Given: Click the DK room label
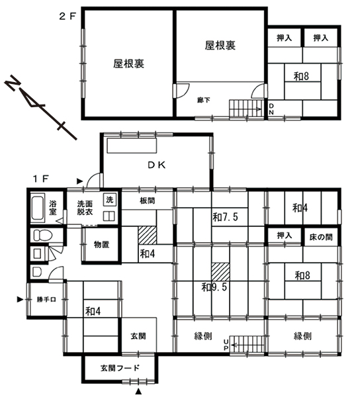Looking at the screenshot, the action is click(x=157, y=165).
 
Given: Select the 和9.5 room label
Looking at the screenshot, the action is click(x=214, y=287).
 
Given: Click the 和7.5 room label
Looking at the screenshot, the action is click(x=225, y=217).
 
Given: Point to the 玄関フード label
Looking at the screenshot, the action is click(x=120, y=368).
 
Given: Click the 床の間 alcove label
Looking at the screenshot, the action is click(x=321, y=238).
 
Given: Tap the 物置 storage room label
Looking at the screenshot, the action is click(x=101, y=245).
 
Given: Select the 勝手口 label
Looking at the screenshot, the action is click(x=46, y=300).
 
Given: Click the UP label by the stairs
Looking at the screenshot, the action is click(x=226, y=345).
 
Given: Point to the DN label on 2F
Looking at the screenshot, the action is click(x=271, y=109).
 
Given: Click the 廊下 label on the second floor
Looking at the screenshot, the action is click(x=204, y=100).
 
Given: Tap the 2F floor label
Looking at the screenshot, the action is click(x=67, y=17).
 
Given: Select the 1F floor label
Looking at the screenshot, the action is click(x=40, y=179).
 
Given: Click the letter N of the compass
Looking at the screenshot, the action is click(x=13, y=83).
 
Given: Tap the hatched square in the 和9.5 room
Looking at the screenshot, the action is click(x=221, y=272).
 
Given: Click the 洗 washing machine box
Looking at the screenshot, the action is click(x=110, y=200).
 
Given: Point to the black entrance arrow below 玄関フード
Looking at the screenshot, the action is click(x=138, y=391).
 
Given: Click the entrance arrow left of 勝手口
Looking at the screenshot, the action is click(x=20, y=299).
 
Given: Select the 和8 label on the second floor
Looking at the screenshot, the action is click(x=301, y=76).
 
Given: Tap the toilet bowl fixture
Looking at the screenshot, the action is click(x=42, y=235).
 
